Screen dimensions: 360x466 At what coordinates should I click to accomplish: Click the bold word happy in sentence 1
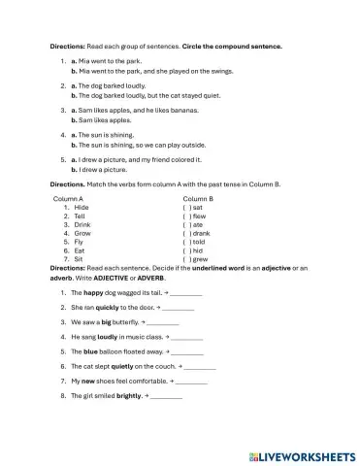(93, 291)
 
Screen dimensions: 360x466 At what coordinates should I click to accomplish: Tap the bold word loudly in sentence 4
(108, 336)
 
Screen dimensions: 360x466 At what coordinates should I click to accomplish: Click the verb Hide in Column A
(82, 207)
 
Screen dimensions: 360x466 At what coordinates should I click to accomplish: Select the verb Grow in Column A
(82, 233)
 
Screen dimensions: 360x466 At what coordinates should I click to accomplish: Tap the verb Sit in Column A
(80, 259)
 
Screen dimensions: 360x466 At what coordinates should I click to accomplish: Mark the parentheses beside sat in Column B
(186, 207)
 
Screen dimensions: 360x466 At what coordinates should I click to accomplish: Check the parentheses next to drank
(186, 233)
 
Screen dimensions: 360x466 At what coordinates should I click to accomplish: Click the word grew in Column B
(200, 259)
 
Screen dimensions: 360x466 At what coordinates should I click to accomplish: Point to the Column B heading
(198, 198)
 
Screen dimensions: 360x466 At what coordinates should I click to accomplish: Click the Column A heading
(68, 198)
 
